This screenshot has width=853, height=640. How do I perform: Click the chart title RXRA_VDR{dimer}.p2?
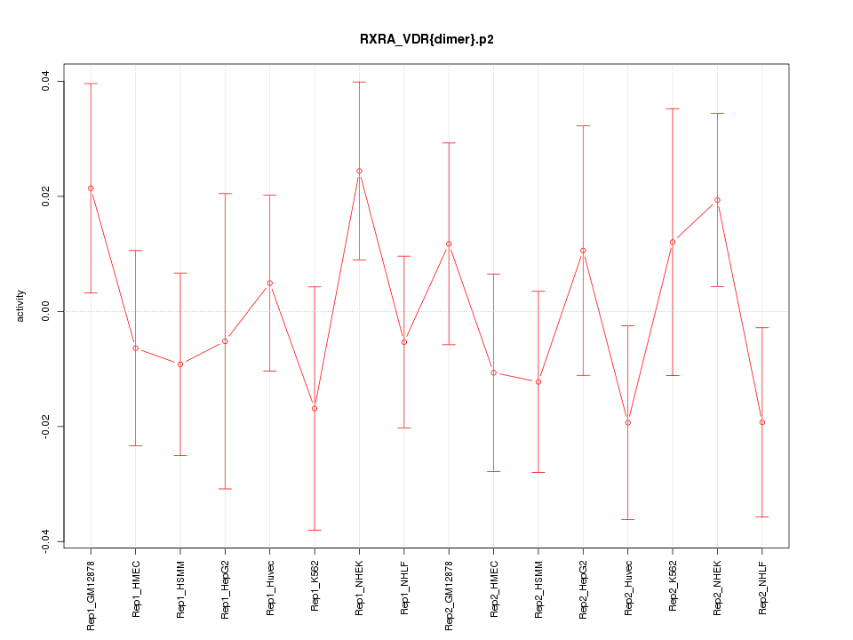426,39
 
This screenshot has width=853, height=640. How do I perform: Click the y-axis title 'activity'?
20,306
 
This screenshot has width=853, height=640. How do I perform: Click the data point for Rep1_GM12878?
91,188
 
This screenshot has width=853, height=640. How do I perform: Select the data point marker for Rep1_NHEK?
359,171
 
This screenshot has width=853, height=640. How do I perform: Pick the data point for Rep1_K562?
315,408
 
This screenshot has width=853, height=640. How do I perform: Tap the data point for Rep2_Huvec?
627,422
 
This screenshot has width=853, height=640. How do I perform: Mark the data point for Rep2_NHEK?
717,200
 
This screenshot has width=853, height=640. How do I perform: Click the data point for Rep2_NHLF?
761,422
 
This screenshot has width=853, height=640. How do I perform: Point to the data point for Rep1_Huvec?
270,283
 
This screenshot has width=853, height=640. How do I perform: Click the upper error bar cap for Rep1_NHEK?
359,82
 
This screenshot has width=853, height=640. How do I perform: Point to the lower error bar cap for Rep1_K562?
315,530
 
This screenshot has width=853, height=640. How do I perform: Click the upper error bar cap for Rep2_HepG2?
583,126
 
